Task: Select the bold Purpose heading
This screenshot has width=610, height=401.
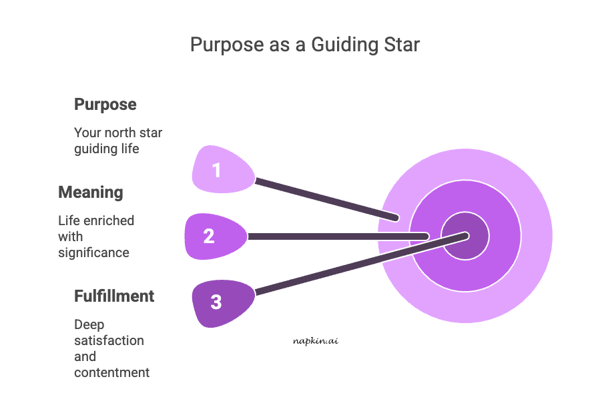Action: [x=105, y=105]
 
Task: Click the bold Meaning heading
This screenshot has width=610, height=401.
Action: [x=91, y=193]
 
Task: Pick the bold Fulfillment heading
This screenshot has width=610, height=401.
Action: [x=114, y=296]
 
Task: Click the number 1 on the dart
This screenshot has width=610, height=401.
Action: [x=216, y=171]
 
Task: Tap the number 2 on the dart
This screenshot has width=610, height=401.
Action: [x=209, y=236]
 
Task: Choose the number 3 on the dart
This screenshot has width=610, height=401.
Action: [x=216, y=302]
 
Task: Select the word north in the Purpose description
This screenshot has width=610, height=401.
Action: [x=118, y=133]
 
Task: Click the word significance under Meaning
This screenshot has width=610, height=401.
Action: [x=93, y=252]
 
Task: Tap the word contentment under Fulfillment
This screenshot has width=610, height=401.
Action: [x=111, y=372]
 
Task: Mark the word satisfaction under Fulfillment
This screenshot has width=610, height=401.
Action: [x=109, y=340]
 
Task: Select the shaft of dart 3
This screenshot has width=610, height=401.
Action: [x=360, y=264]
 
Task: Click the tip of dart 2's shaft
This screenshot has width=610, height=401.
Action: [x=426, y=236]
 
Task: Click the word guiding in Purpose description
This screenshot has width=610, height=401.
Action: [x=96, y=149]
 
